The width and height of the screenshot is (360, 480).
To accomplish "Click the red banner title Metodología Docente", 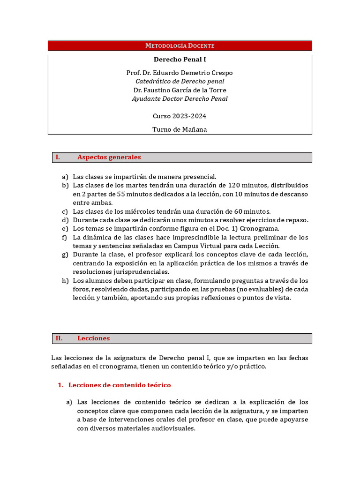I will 180,45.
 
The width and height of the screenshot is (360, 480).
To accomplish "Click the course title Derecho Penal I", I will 180,60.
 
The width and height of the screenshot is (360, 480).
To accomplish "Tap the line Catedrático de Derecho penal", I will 180,82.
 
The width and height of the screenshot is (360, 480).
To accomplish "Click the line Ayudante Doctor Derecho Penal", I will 180,98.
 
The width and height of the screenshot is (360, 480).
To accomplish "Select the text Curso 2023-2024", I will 180,116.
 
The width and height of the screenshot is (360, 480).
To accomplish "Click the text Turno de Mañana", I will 180,129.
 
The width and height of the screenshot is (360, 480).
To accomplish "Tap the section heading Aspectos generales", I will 109,157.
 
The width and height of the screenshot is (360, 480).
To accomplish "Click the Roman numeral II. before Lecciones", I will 59,338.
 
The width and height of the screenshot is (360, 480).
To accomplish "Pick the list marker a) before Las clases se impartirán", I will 65,177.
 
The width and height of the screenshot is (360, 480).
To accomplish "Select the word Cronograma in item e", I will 260,229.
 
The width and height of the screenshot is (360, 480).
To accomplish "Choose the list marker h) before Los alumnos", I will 65,281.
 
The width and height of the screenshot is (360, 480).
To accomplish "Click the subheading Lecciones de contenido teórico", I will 120,385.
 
